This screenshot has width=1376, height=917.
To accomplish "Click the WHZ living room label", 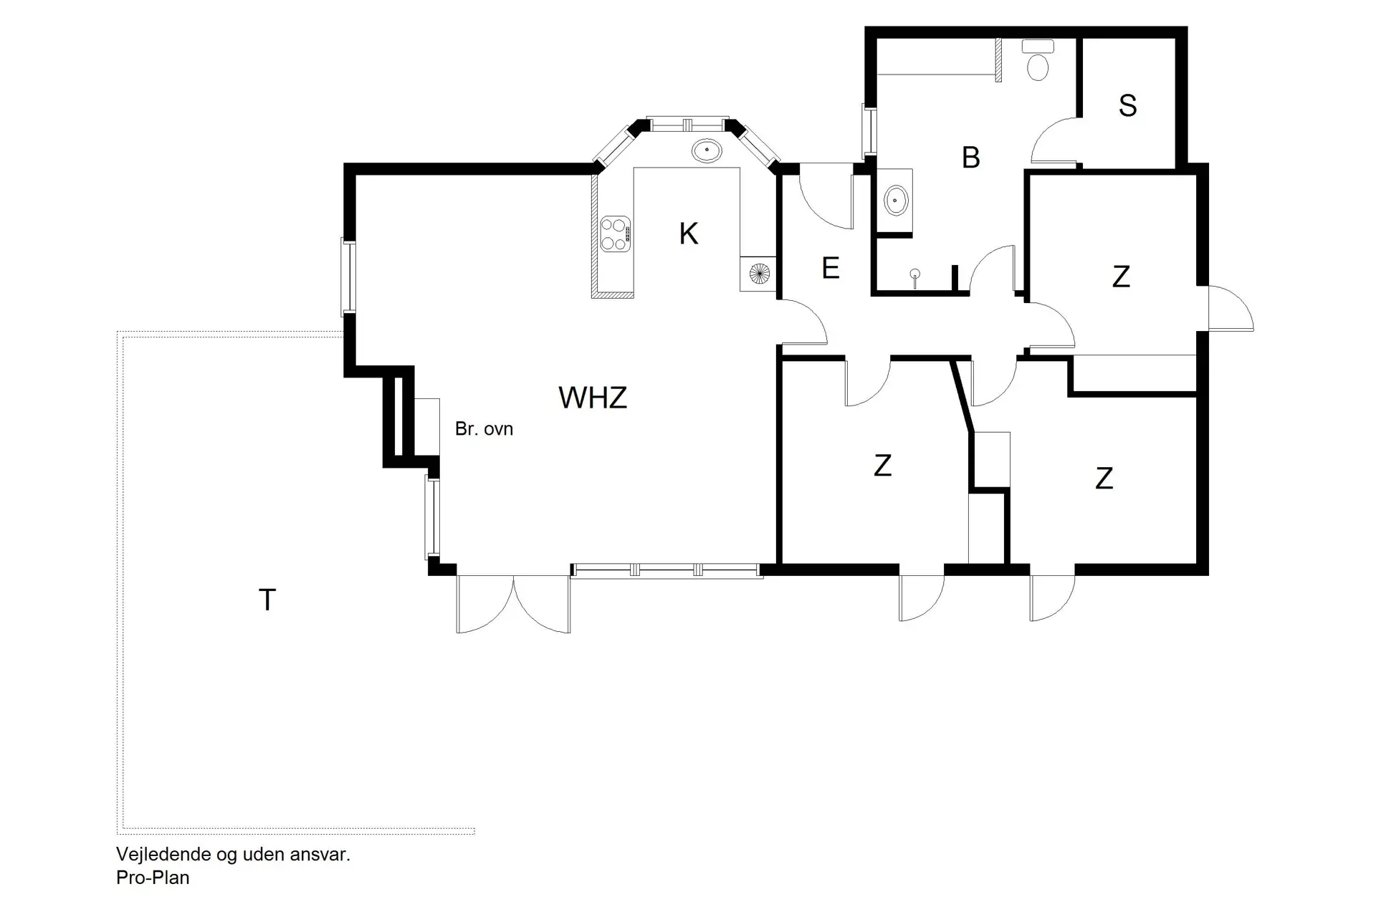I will [x=593, y=398].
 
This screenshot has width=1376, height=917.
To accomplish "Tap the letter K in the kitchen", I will [x=688, y=234].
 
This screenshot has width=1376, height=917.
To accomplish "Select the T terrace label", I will [x=267, y=600].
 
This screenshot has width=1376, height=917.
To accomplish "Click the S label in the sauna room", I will [x=1127, y=105].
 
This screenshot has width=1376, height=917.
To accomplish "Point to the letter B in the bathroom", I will [x=970, y=158].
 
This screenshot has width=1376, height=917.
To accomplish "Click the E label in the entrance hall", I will [x=830, y=269].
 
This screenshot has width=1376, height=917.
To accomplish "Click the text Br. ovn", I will [x=484, y=429].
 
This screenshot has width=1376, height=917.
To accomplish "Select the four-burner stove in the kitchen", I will [x=615, y=234].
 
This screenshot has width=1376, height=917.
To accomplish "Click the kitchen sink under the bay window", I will [x=706, y=150].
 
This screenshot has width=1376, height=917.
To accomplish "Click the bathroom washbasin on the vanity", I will [x=896, y=200].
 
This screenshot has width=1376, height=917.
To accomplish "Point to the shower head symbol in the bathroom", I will [x=915, y=274].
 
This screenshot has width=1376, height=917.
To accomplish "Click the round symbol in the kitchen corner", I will [x=759, y=273].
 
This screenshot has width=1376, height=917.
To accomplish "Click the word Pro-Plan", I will [x=153, y=878].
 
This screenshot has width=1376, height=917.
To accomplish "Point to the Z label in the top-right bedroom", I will [x=1121, y=277].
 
